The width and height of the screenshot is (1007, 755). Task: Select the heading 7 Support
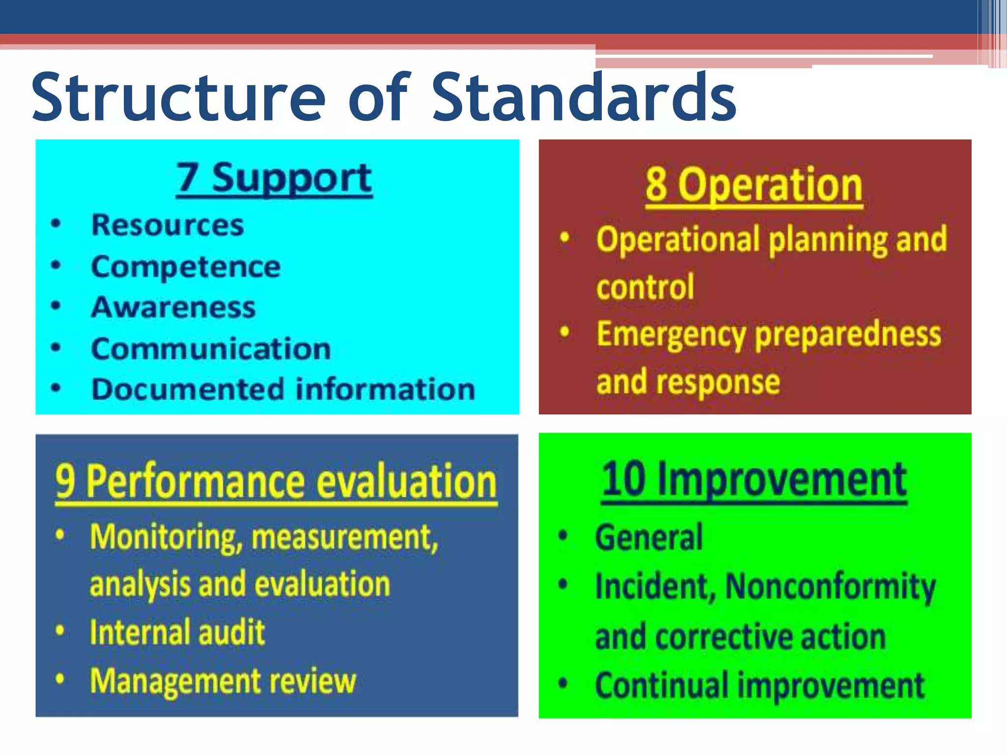[x=274, y=178]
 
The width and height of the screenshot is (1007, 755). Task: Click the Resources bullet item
[x=167, y=225]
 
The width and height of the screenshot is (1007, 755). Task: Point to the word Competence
[x=186, y=267]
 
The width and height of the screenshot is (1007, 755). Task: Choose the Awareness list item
[x=173, y=308]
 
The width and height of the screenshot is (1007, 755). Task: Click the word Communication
[x=211, y=349]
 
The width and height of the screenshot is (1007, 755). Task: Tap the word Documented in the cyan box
[x=188, y=389]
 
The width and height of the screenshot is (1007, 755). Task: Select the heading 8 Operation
[x=754, y=186]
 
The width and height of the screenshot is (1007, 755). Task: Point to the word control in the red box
[x=645, y=287]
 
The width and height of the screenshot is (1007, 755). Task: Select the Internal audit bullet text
[x=177, y=632]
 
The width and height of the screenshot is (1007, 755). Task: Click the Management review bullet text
[x=223, y=681]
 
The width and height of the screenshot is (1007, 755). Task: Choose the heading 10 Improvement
[x=754, y=480]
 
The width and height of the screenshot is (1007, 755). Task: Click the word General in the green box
[x=649, y=538]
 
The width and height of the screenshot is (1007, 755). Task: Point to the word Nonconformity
[x=830, y=587]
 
